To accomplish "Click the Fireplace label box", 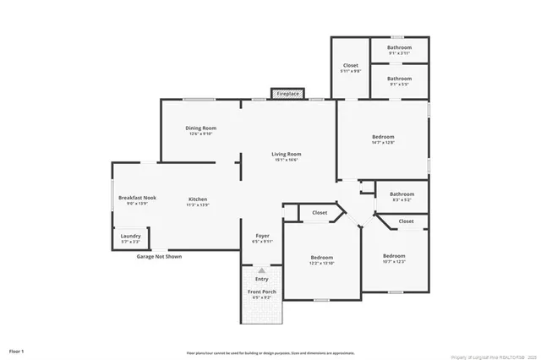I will (287, 94).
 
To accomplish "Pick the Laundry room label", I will (130, 237).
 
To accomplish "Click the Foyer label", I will (262, 237).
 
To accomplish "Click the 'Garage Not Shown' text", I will (159, 256).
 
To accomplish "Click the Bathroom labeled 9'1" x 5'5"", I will (400, 80).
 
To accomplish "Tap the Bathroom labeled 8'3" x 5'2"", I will (402, 196).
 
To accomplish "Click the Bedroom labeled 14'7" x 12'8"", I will (383, 139).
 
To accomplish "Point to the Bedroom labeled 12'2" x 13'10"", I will (321, 259).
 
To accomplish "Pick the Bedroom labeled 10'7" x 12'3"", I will (394, 258).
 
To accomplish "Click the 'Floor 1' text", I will (17, 350).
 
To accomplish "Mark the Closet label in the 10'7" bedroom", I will (406, 221).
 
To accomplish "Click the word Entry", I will (262, 278).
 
